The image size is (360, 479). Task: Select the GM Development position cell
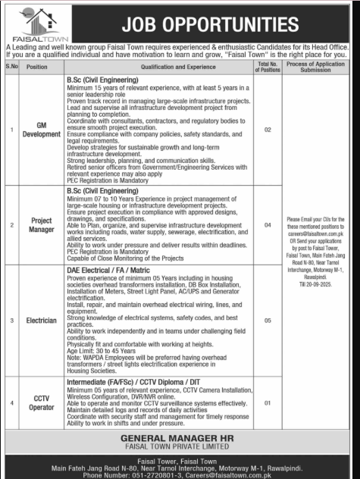38,130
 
